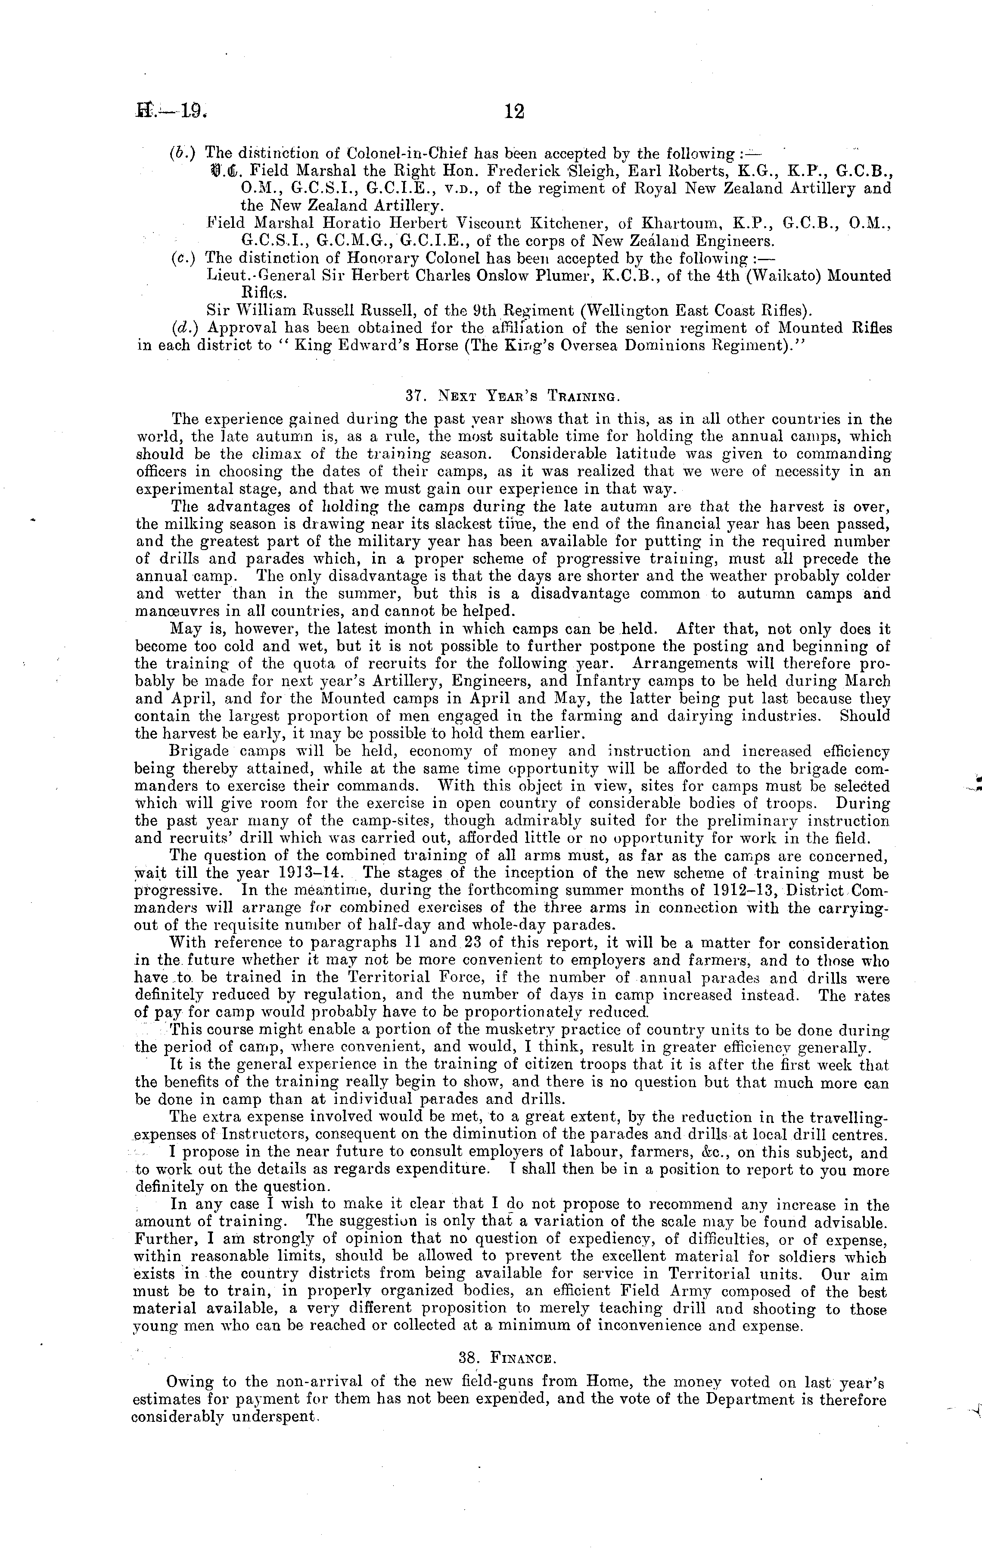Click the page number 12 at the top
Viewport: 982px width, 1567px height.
pyautogui.click(x=514, y=112)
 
